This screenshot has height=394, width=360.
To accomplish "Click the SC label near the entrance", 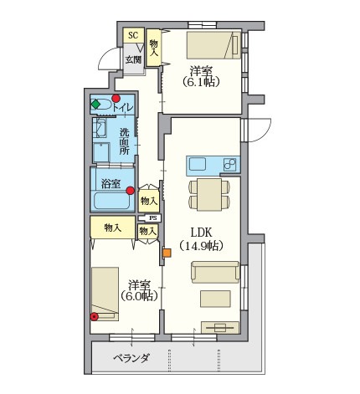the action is [x=133, y=35].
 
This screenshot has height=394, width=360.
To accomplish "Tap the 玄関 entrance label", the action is [x=133, y=59].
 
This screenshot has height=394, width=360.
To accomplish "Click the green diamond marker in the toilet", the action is [x=95, y=105].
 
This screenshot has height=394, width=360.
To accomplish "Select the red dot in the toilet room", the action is [x=116, y=98].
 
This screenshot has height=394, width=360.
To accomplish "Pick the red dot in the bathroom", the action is [x=130, y=191].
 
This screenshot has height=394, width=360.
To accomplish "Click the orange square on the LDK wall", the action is [x=167, y=253].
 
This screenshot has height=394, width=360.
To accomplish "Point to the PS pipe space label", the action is [x=153, y=218].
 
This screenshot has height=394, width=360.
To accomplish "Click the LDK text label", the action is [x=201, y=232].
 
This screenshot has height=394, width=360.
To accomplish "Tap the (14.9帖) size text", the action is [x=201, y=246].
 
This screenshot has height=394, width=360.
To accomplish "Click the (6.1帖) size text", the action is [x=201, y=82].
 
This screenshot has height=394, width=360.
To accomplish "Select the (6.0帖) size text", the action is [x=139, y=296].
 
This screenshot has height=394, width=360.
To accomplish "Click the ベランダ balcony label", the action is [x=131, y=358].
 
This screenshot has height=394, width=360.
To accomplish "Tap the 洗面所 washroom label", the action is [x=125, y=141].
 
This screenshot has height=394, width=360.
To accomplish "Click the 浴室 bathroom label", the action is [x=111, y=184].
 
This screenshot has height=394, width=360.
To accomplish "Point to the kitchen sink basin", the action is [x=198, y=164].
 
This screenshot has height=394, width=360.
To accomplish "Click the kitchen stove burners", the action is [x=229, y=165].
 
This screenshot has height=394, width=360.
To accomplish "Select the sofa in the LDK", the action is [x=215, y=272].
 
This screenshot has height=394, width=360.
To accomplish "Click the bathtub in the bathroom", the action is [x=112, y=201].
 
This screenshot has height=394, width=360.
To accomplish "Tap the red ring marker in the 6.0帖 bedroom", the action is [x=95, y=316].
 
